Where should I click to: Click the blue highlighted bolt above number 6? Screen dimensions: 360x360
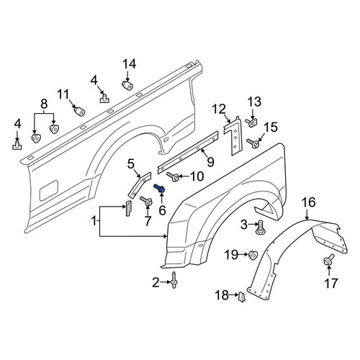click(159, 188)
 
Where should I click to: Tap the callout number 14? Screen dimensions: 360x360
click(130, 64)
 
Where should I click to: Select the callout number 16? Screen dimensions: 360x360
click(308, 202)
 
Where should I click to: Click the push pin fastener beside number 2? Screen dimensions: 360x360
click(174, 280)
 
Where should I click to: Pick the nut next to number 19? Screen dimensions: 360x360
click(253, 255)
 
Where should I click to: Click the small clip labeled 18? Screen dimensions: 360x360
click(241, 297)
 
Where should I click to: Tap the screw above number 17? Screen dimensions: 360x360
click(328, 260)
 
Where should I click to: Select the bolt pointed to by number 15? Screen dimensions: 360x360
click(253, 143)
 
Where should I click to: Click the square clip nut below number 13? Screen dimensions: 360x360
click(251, 123)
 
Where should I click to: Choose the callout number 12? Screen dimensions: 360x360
click(219, 109)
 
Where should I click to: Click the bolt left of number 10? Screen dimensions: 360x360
click(172, 176)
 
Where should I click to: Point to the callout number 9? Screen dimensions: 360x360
click(210, 162)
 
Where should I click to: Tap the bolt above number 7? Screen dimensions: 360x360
click(146, 201)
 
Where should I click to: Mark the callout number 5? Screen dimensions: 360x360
click(131, 164)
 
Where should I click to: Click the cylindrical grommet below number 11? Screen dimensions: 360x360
click(79, 111)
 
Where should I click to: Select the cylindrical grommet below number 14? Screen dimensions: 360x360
click(127, 85)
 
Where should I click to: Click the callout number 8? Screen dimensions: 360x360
click(44, 104)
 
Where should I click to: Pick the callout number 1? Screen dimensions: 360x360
click(94, 221)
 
